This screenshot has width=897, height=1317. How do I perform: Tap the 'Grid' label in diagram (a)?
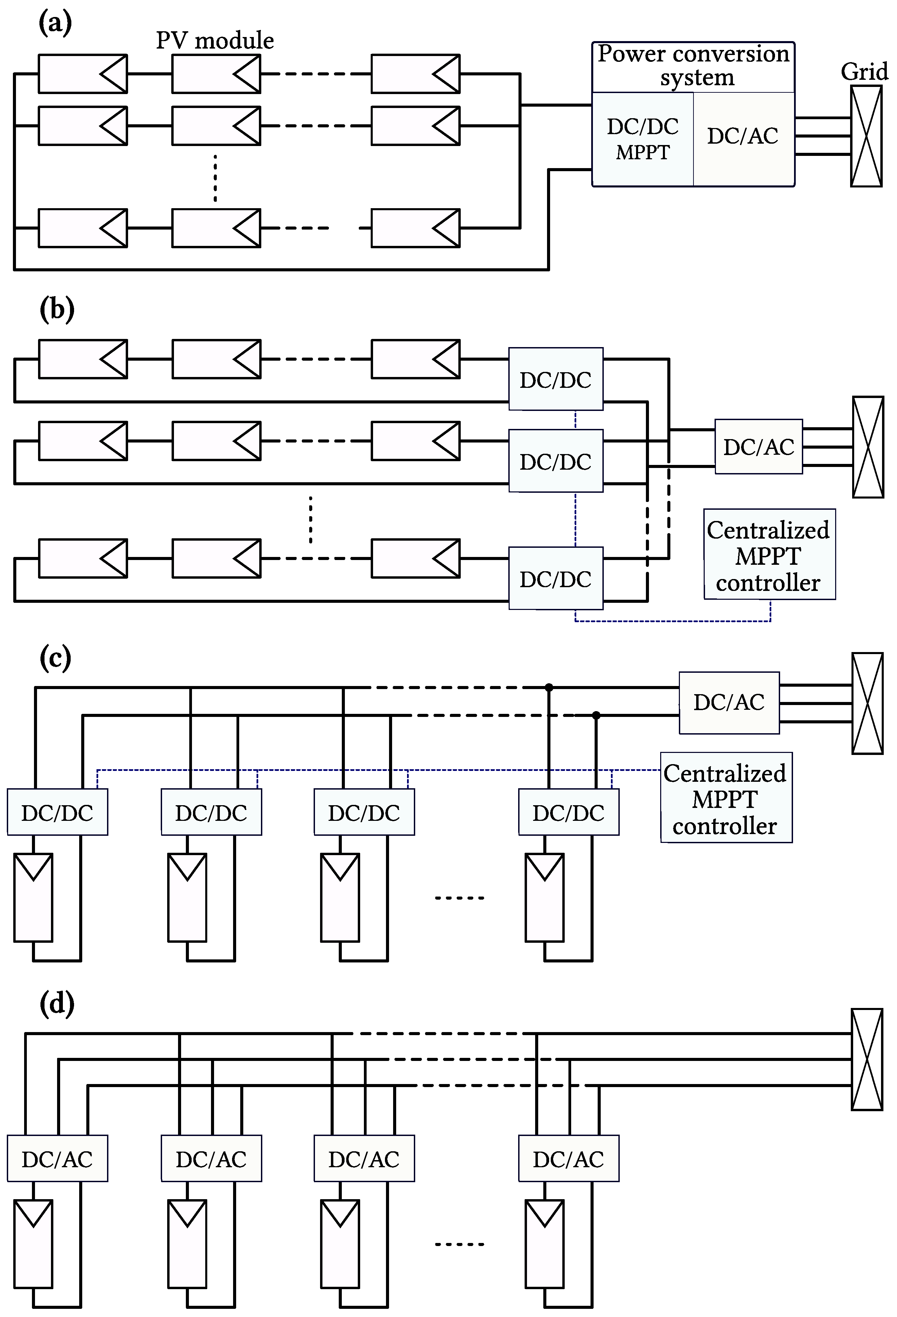click(x=864, y=72)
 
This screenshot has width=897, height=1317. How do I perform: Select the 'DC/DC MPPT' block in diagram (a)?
click(x=643, y=139)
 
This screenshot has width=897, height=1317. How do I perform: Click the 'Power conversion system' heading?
click(x=693, y=65)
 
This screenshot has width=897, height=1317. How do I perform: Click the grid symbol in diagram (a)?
click(x=866, y=136)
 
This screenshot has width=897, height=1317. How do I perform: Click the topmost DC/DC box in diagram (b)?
click(x=556, y=379)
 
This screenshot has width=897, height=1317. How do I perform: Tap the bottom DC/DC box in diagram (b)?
click(x=556, y=579)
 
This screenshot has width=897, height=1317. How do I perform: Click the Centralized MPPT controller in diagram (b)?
click(x=769, y=555)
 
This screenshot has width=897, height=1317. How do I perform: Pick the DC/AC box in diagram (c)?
click(x=729, y=703)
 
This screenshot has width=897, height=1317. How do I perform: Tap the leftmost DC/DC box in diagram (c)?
click(x=57, y=813)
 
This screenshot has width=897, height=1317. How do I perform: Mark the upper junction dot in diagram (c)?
click(x=548, y=687)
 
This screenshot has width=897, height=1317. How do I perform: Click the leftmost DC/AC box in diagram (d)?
click(x=57, y=1159)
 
